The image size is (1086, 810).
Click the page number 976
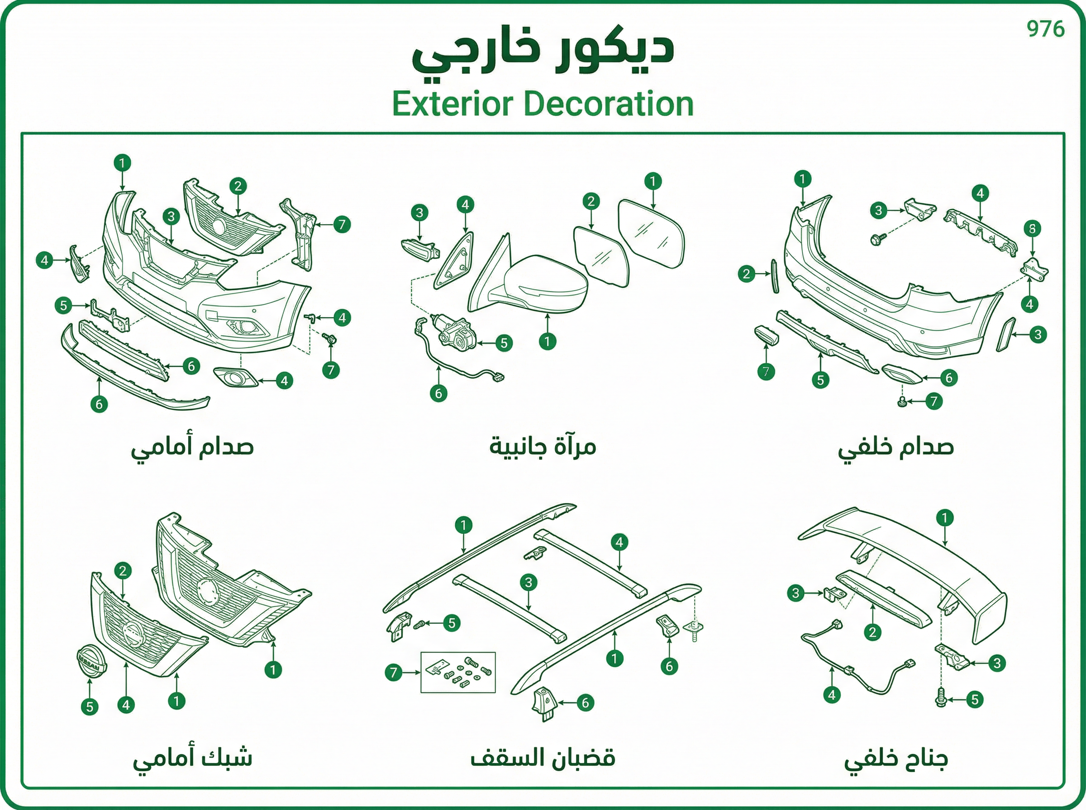click(1046, 29)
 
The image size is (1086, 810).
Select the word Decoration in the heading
click(609, 104)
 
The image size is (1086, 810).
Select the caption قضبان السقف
click(543, 758)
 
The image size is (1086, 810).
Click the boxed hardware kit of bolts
click(458, 672)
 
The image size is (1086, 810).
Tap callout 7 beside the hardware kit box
click(394, 673)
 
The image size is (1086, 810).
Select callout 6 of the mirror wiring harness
click(438, 393)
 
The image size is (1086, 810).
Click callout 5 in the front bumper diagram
click(63, 306)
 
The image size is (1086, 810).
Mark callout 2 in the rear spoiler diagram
click(872, 632)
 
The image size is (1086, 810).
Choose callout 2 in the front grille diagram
click(123, 570)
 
